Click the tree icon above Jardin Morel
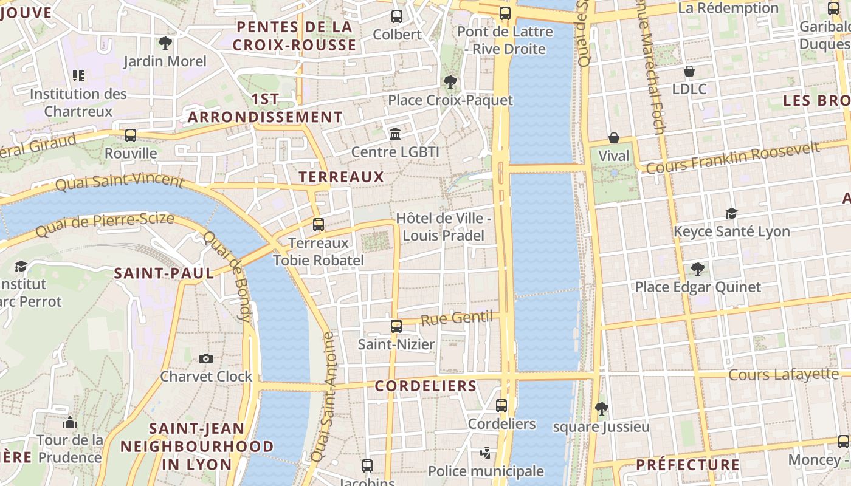(165, 43)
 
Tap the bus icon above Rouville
(131, 135)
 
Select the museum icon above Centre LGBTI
(395, 133)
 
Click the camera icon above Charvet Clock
(206, 358)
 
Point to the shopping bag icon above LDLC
(689, 71)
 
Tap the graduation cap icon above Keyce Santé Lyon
(731, 213)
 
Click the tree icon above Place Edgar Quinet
(697, 269)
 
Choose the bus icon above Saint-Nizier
(396, 326)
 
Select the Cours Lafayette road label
(784, 375)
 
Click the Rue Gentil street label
(457, 318)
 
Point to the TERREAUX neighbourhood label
(342, 177)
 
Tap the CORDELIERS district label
(425, 386)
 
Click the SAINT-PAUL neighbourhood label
(164, 273)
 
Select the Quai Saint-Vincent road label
(120, 181)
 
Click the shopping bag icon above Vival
(614, 138)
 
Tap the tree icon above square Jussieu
(601, 408)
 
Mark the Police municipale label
(486, 471)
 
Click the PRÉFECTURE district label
(687, 465)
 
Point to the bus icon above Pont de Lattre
(505, 13)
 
